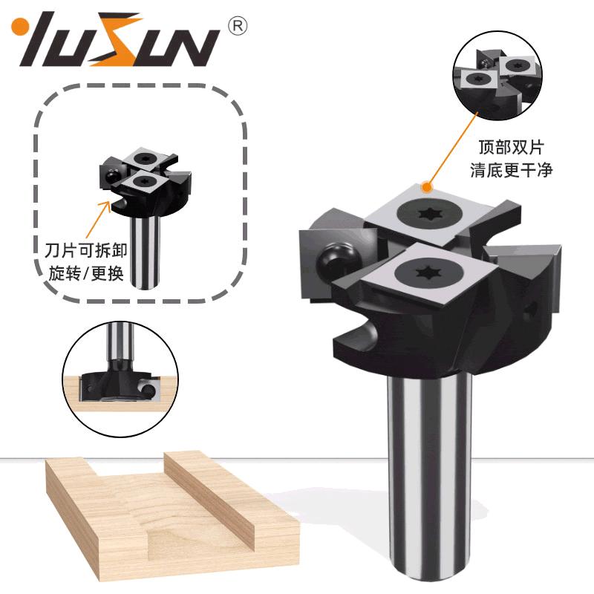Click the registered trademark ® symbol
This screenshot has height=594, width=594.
click(238, 26)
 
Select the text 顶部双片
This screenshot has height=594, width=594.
click(511, 147)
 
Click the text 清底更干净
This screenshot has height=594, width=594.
click(511, 170)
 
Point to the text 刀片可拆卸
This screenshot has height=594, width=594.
click(86, 250)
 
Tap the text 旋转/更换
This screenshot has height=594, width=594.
click(86, 272)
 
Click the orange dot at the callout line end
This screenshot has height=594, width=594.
click(428, 187)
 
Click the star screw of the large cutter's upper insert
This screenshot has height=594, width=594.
click(430, 214)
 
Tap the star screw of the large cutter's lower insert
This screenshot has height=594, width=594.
click(428, 272)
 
